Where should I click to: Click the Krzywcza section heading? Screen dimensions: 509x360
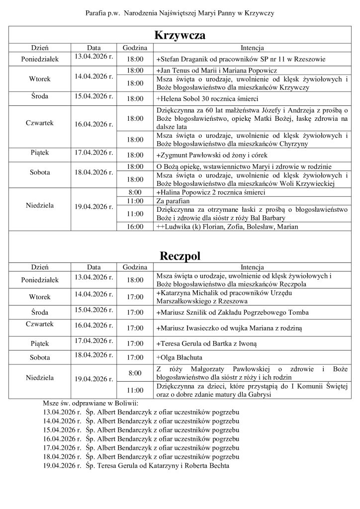pos(180,36)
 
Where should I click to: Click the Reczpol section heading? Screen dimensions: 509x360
pos(180,256)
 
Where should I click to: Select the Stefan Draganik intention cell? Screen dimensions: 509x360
pos(241,59)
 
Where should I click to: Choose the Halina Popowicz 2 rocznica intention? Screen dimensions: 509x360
pos(210,192)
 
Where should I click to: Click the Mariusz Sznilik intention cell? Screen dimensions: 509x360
pos(232,313)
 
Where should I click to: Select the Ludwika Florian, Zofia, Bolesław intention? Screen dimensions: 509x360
pos(227,227)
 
